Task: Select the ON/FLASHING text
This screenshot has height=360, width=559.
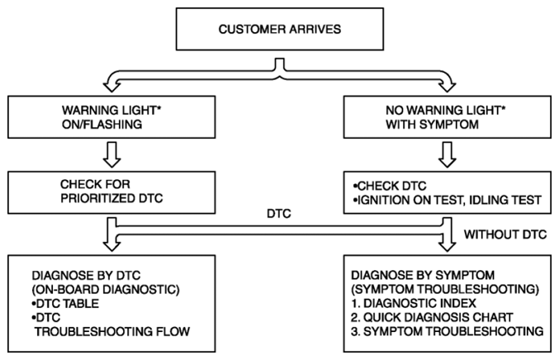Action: pos(102,125)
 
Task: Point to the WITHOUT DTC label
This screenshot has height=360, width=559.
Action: pos(505,234)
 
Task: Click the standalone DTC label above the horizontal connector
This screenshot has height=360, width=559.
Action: pos(279,214)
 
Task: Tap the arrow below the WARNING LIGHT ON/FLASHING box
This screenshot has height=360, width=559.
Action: pos(112,154)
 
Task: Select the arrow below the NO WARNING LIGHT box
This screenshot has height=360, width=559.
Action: pos(447,154)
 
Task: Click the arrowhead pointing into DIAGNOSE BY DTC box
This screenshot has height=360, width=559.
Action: pos(112,246)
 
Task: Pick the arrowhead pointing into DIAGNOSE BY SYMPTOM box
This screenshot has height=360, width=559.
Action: pos(447,246)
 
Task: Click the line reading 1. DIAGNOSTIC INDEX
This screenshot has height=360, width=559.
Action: pos(414,303)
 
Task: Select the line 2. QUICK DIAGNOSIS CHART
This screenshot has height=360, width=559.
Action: pos(432,317)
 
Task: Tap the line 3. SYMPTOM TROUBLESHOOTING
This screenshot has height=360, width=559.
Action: pos(447,331)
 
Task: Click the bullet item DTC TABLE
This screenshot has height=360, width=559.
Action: pos(65,304)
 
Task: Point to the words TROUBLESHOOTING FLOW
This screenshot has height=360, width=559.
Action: pos(112,332)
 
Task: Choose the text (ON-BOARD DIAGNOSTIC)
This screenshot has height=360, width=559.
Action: pos(106,290)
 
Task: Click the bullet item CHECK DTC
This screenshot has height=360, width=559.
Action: pos(390,186)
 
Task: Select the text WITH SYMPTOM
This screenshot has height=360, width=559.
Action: pos(432,125)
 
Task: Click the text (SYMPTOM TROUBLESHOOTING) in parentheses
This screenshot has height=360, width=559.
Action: pos(445,289)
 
